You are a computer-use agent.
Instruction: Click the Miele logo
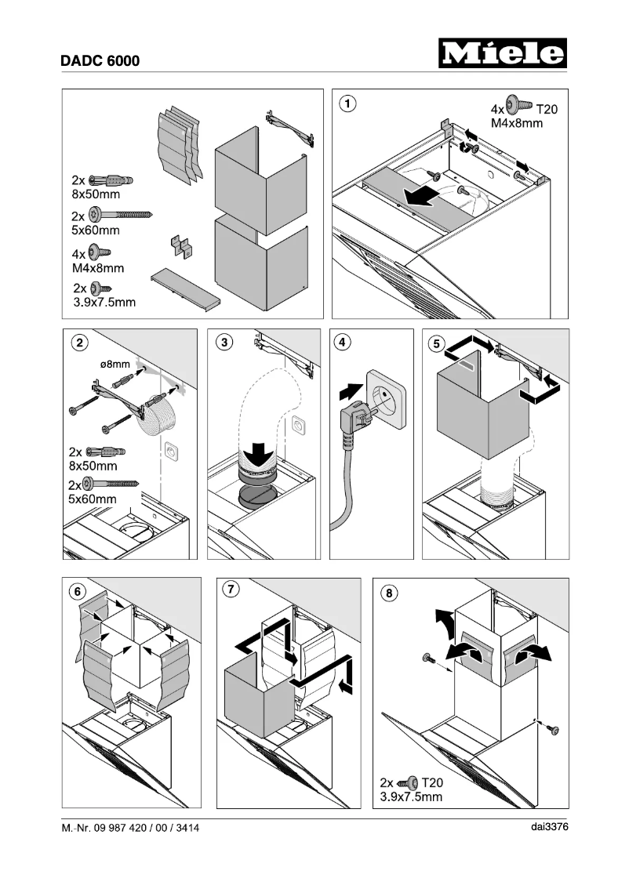[x=502, y=54]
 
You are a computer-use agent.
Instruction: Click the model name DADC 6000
[x=100, y=60]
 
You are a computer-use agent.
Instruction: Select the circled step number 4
[x=342, y=342]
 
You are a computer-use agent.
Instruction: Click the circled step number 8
[x=388, y=593]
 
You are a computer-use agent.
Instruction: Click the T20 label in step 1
[x=546, y=110]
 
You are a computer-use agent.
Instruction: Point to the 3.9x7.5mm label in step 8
[x=411, y=797]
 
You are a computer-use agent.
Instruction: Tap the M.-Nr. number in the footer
[x=130, y=828]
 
